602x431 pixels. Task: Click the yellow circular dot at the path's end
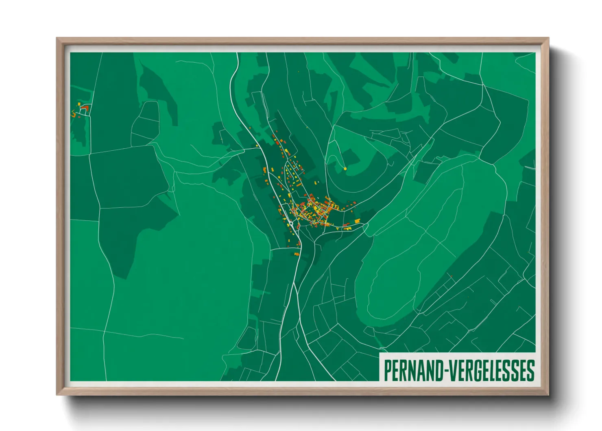point(345,168)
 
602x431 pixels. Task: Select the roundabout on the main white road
point(291,223)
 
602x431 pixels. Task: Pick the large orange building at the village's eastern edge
point(358,221)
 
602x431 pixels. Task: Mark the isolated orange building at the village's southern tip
point(297,254)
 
